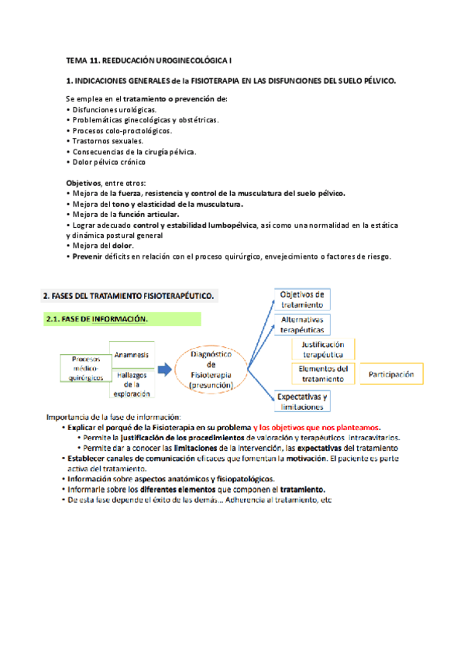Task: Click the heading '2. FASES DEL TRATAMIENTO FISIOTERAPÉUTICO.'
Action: point(129,295)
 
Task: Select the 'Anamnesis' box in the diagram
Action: point(131,354)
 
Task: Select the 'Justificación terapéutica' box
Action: point(323,349)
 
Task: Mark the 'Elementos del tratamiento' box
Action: point(325,373)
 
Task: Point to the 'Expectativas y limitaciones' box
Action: point(302,401)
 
